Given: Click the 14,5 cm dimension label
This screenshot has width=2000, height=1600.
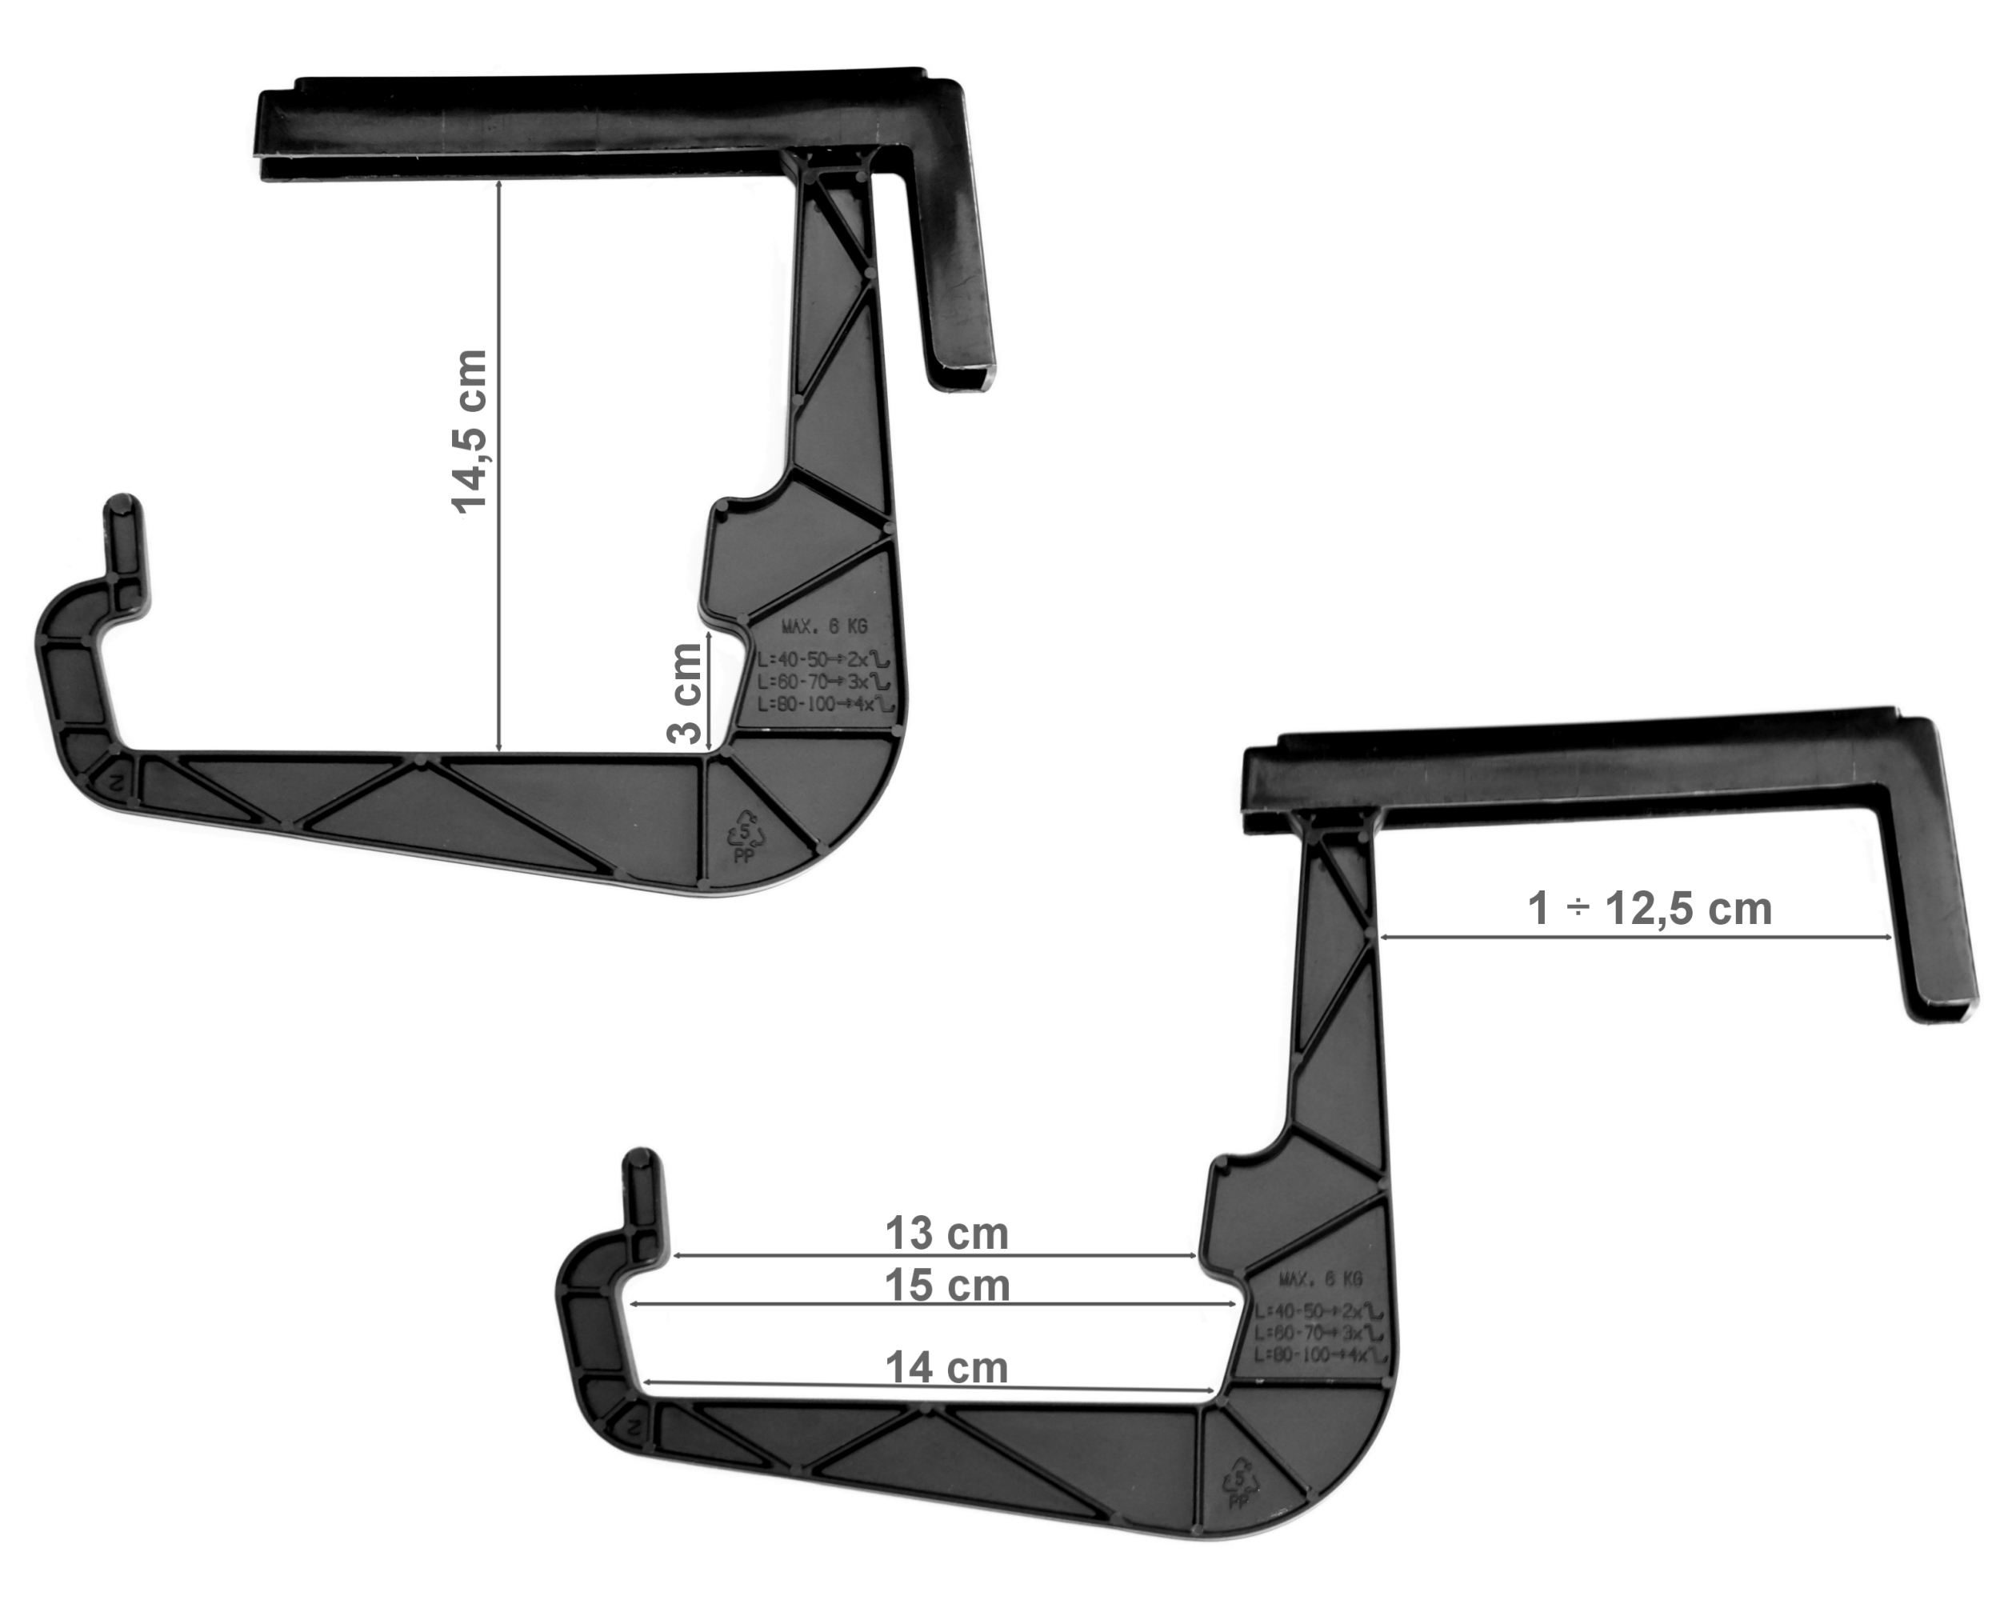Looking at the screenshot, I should tap(470, 431).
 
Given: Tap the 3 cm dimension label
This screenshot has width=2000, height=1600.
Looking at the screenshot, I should tap(686, 694).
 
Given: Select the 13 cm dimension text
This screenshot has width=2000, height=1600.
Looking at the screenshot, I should tap(946, 1234).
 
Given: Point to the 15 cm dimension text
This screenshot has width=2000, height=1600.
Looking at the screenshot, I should tap(946, 1286).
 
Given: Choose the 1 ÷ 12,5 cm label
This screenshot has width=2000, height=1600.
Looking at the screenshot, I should tap(1650, 908).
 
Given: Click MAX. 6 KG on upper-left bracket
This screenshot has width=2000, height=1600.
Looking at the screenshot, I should tap(824, 626).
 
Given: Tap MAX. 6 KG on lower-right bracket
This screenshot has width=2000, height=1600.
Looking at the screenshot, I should tap(1321, 1279).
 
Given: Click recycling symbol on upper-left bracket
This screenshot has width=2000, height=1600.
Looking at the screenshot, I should tap(746, 832).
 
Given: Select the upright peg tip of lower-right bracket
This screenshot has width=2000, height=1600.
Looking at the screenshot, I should tap(642, 1162).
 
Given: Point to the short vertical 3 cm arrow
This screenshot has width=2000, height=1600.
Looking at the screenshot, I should tap(709, 691).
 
